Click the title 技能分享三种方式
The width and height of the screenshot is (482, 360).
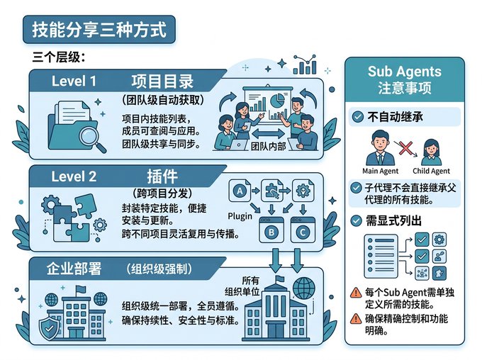[99, 30]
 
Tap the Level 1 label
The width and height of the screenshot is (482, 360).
[74, 81]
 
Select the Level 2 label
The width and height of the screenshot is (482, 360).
[74, 176]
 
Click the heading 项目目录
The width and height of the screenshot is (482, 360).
[162, 81]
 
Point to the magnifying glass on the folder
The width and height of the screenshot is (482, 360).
[92, 138]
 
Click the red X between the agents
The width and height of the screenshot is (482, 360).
[405, 148]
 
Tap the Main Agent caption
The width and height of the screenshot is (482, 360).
[380, 171]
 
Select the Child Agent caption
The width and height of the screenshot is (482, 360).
[431, 171]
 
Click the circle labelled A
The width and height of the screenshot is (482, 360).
[240, 191]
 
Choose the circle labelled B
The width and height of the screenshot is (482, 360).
[271, 232]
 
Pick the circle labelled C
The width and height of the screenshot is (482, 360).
[303, 232]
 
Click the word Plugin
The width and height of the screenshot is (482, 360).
[240, 216]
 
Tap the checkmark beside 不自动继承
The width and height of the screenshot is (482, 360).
[357, 117]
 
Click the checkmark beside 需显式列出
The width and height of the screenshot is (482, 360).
[357, 220]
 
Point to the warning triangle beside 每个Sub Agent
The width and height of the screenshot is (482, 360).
[356, 293]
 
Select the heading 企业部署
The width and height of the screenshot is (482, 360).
[74, 269]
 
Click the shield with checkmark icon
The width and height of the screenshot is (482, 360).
[49, 328]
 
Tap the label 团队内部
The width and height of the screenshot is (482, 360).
[269, 146]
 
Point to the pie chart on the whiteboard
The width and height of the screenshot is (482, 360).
[277, 101]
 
